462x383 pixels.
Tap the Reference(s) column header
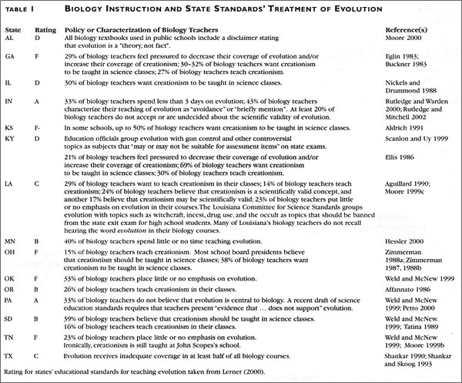[407, 29]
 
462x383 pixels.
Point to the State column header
[13, 29]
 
